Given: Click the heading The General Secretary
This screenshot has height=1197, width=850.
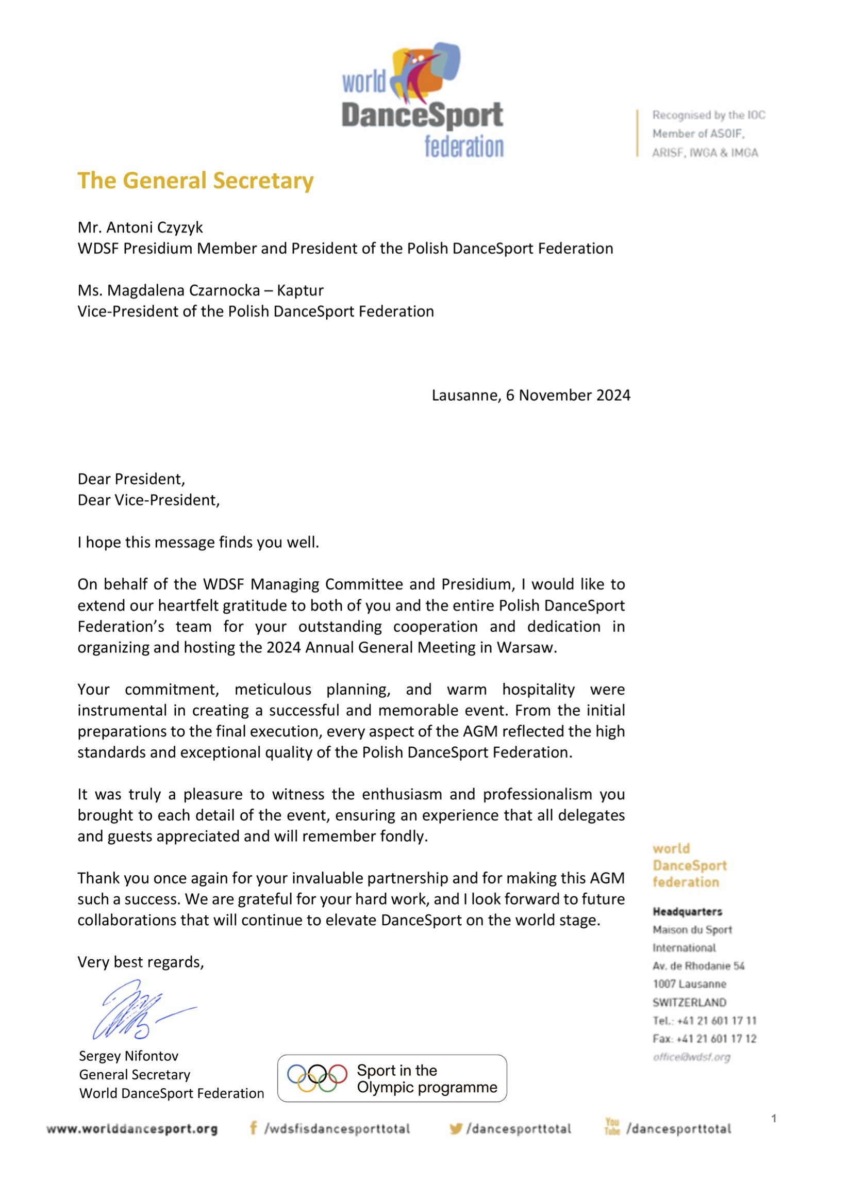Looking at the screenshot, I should pos(195,181).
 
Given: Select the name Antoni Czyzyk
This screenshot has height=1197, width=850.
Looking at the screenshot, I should pos(155,227).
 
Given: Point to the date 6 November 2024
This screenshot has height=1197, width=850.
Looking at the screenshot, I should pos(568,395).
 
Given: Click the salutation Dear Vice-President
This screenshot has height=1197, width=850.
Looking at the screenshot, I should pos(148,500).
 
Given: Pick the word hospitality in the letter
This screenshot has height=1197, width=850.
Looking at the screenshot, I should pos(538,689).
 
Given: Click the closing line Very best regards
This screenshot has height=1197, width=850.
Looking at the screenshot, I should pos(140,962).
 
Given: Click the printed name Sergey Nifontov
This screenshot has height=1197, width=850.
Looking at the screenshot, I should pos(129,1056).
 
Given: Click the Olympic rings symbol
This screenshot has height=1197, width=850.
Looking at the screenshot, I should pos(316,1078).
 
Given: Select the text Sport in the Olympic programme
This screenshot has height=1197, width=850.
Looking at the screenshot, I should pos(427,1079).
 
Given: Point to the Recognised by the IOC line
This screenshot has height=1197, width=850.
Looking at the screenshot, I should pos(708,115).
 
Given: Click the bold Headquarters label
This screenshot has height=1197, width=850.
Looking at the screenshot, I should pos(687,912).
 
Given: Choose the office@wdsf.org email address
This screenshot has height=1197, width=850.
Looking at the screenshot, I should pos(691,1057).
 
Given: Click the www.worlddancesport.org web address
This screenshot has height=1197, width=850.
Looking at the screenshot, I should pos(132,1128).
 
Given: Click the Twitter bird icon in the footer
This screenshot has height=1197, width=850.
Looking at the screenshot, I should pos(455,1128).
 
